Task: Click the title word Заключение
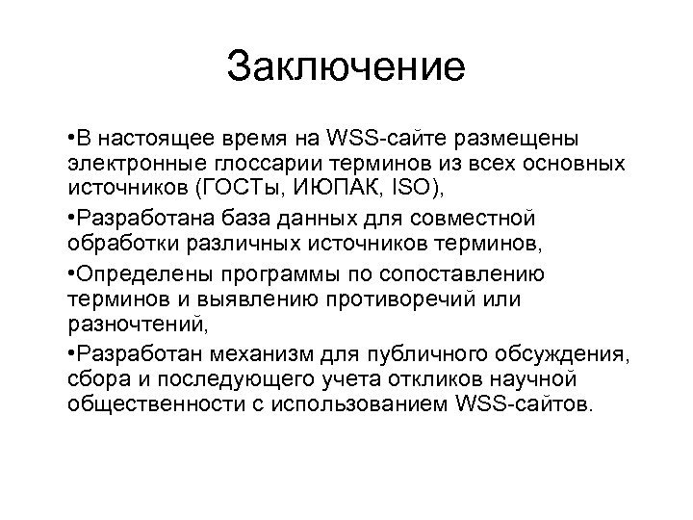346,67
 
